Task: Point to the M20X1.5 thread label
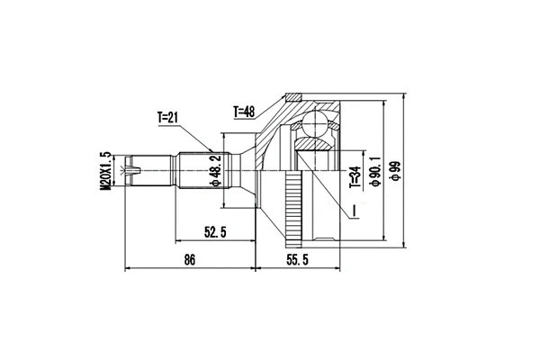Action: (x=105, y=170)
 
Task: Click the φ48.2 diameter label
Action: (x=216, y=169)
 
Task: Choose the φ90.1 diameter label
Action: (x=371, y=170)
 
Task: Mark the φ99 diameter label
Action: (x=394, y=170)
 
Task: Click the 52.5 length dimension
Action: (x=213, y=232)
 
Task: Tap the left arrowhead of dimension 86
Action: (x=126, y=268)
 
